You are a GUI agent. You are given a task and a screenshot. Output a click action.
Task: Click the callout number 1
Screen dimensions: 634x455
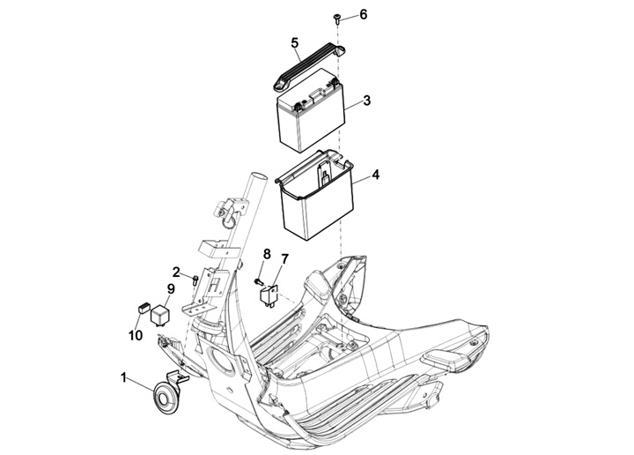point(124,378)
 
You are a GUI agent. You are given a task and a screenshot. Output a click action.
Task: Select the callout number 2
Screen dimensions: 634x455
point(176,272)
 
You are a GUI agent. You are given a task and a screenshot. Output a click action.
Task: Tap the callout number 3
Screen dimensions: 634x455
point(366,101)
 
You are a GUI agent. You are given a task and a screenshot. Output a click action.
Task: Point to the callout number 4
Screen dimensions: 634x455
point(376,175)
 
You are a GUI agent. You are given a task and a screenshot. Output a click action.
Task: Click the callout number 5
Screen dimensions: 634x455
point(294,42)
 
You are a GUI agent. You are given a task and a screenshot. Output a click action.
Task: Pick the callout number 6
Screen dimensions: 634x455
point(363,15)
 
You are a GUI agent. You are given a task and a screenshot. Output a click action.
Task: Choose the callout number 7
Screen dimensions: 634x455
point(284,258)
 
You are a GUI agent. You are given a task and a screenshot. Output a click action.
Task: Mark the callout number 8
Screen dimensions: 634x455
point(267,254)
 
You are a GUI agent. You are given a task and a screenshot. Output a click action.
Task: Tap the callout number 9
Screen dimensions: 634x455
point(171,289)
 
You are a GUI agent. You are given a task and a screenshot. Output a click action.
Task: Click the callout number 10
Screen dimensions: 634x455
point(136,335)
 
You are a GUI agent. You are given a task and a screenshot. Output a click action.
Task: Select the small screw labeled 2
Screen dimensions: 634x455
point(195,280)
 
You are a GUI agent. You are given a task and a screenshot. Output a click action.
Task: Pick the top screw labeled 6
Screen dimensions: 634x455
point(336,19)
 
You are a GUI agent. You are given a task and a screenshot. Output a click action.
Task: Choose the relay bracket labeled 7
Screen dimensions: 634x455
point(268,296)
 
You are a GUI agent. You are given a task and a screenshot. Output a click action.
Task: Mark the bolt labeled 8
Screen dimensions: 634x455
point(258,281)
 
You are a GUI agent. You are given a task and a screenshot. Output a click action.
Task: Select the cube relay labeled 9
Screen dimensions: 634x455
point(160,315)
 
